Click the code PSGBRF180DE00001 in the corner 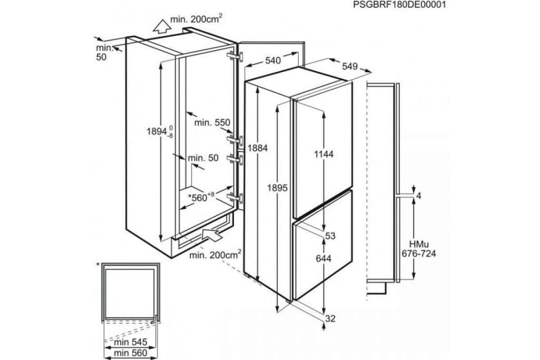pos(400,4)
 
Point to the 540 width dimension pos(273,60)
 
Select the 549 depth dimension pos(350,66)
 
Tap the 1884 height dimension pos(257,148)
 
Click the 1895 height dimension pos(277,188)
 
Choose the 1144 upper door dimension pos(324,154)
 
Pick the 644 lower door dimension pos(324,259)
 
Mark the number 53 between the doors pos(330,236)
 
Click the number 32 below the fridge pos(330,319)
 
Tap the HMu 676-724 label pos(419,249)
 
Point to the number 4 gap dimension pos(419,196)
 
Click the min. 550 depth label pos(212,123)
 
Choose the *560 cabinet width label pos(201,197)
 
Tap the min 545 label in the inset pos(130,342)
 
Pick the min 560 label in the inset pos(130,353)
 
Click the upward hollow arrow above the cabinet pos(162,27)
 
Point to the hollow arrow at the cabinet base pos(212,234)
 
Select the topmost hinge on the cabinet pos(235,56)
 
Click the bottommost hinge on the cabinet pos(235,198)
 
